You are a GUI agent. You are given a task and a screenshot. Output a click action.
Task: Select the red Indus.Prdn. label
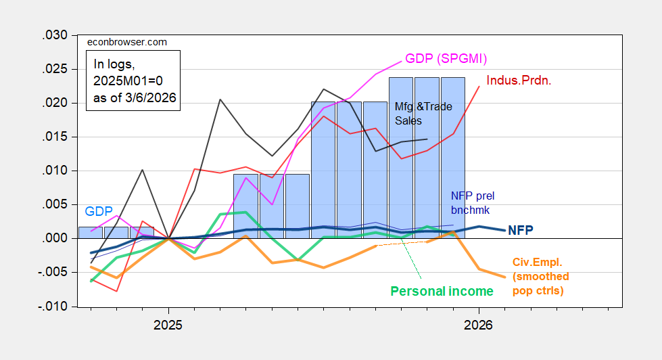pos(519,81)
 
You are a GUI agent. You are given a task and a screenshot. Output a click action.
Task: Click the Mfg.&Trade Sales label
pos(423,114)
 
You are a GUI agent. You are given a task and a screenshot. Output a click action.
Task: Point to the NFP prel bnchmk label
pos(473,202)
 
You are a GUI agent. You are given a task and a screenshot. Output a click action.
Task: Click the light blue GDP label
pos(99,211)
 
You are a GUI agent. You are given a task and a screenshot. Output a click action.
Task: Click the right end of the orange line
pos(504,277)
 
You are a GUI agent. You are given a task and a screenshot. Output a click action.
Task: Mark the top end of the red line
pos(479,87)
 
